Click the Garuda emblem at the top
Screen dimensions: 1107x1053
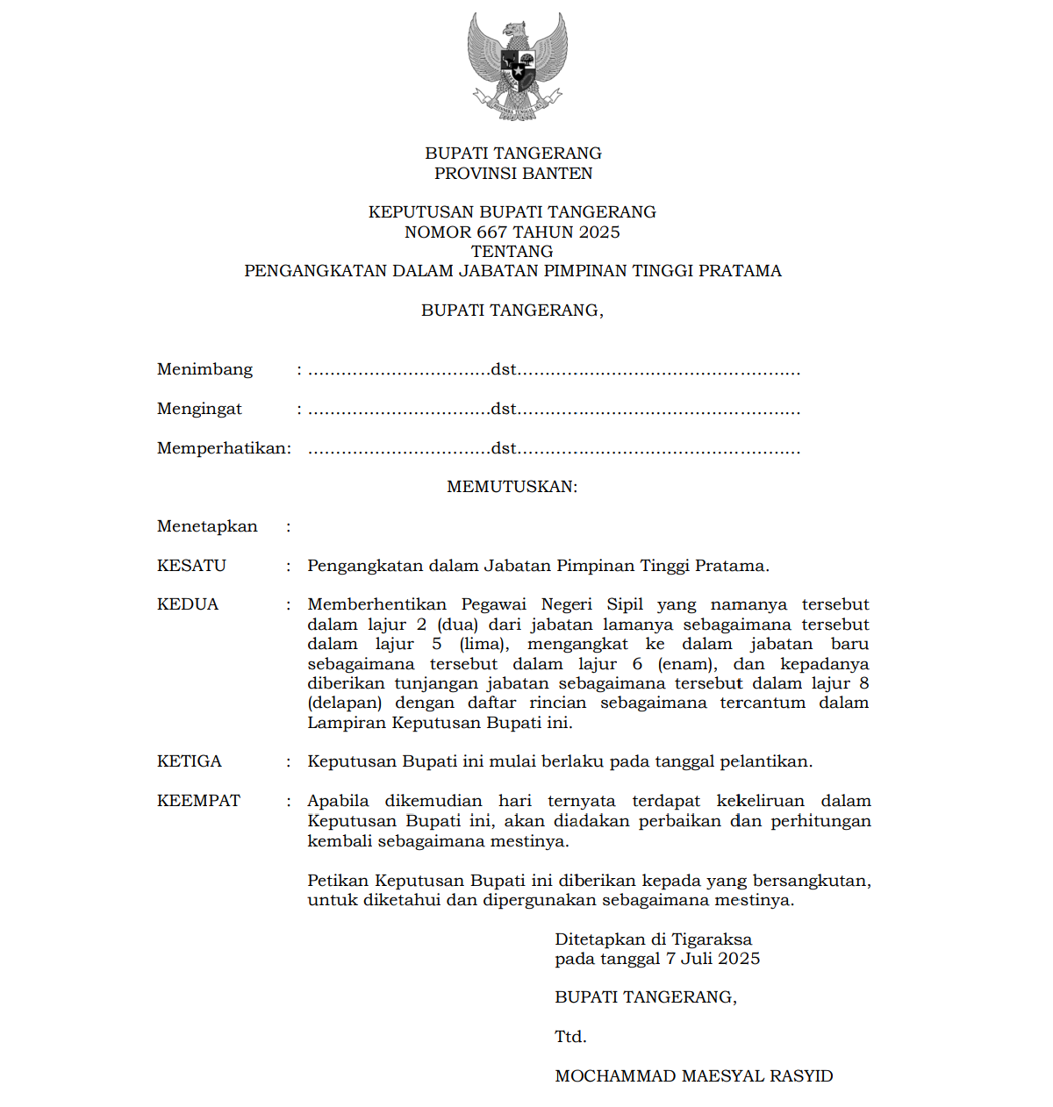click(x=517, y=67)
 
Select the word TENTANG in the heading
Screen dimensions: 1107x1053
click(x=512, y=251)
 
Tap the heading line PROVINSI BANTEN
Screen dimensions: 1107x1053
click(x=513, y=173)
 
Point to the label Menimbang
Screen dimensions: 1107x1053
click(x=204, y=369)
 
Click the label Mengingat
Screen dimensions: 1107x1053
click(x=199, y=409)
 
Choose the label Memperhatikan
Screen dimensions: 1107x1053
click(x=223, y=448)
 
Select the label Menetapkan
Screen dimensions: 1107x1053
click(x=207, y=526)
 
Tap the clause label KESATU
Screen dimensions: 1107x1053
click(x=191, y=566)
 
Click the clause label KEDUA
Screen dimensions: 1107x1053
click(x=188, y=604)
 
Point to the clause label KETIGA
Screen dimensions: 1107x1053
click(x=190, y=761)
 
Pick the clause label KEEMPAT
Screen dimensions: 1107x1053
click(x=198, y=801)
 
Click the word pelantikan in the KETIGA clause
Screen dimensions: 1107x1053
click(x=763, y=761)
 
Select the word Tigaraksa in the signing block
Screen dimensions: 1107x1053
click(x=712, y=939)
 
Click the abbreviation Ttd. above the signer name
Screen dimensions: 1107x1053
click(x=570, y=1037)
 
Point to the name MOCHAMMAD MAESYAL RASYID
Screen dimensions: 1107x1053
click(x=694, y=1076)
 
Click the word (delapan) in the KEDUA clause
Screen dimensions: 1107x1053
click(x=345, y=703)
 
